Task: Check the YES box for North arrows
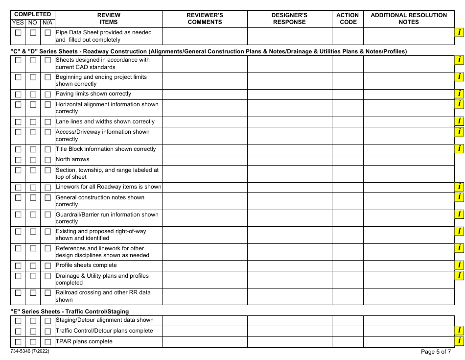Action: click(18, 160)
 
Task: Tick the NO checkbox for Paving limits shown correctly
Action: click(33, 95)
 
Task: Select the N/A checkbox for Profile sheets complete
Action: click(47, 266)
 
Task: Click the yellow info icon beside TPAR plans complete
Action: click(460, 341)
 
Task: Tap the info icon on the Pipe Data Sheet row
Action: click(460, 32)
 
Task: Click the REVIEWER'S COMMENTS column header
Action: click(205, 19)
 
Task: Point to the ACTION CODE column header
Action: click(348, 19)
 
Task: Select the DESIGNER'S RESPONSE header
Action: click(289, 19)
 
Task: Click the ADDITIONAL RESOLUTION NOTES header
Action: click(409, 19)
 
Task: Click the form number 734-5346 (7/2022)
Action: click(29, 351)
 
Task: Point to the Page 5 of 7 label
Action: click(436, 351)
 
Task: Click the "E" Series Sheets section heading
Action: click(70, 311)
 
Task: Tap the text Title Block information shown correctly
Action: click(106, 149)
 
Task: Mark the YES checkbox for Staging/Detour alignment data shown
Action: click(18, 321)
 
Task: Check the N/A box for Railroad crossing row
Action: click(47, 293)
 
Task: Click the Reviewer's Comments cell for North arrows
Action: click(205, 160)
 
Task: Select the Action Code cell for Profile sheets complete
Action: click(348, 265)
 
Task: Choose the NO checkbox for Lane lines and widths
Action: click(33, 122)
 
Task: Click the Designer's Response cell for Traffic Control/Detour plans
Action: click(289, 331)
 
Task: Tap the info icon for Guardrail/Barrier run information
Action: click(460, 214)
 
